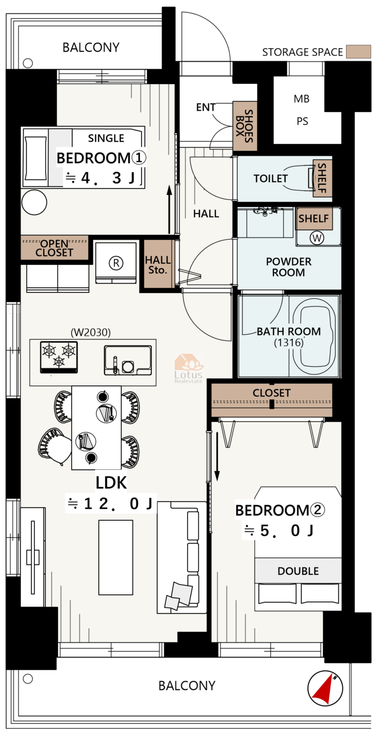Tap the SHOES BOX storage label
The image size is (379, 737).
click(x=244, y=126)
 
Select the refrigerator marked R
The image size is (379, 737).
click(x=116, y=263)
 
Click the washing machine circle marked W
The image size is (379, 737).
click(x=317, y=237)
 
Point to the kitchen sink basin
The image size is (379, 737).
click(x=128, y=360)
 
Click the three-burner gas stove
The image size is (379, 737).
click(x=59, y=357)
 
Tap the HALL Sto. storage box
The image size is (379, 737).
click(x=158, y=264)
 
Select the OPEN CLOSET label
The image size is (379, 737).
click(x=54, y=248)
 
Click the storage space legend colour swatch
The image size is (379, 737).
click(x=358, y=52)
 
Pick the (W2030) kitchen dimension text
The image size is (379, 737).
click(x=91, y=332)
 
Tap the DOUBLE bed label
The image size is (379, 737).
click(x=298, y=571)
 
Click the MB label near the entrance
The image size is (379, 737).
click(x=301, y=99)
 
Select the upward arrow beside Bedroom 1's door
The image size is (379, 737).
click(x=169, y=209)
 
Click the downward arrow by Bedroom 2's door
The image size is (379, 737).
click(x=217, y=456)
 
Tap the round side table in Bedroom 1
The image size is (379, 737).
click(x=34, y=202)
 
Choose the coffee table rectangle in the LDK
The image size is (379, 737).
click(x=116, y=557)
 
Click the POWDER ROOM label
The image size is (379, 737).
click(x=289, y=267)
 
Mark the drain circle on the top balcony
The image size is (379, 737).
click(x=28, y=63)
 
